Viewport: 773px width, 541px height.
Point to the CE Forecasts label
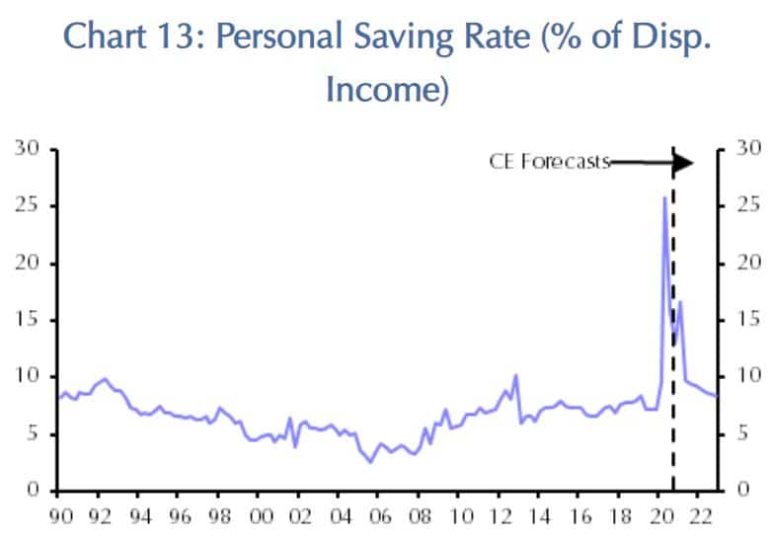[x=550, y=162]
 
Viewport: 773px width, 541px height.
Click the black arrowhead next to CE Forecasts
[x=683, y=163]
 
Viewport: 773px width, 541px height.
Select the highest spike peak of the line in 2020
[x=663, y=197]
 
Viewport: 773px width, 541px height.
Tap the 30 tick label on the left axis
[x=27, y=149]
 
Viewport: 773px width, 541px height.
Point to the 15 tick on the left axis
[x=28, y=320]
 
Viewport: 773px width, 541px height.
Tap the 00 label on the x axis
[x=261, y=515]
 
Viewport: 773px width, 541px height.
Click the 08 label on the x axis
[x=423, y=515]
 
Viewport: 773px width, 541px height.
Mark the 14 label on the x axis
[x=543, y=515]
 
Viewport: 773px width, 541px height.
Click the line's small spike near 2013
[x=515, y=376]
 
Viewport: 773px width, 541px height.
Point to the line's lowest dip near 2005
[x=370, y=461]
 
